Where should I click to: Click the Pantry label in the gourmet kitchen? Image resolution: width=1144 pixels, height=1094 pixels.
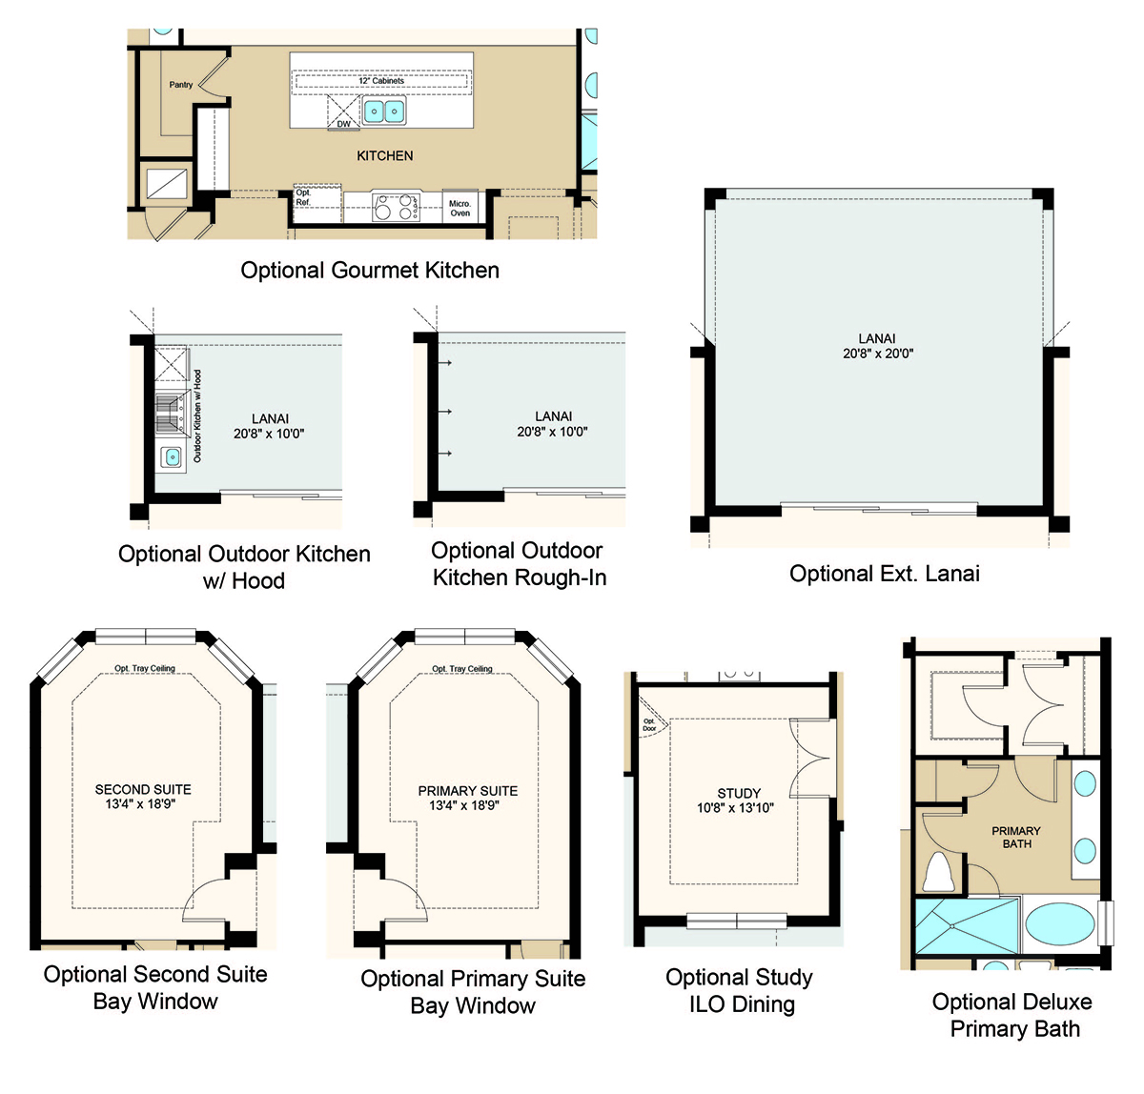[180, 85]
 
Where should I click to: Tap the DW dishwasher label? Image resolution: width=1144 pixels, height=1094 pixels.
[343, 124]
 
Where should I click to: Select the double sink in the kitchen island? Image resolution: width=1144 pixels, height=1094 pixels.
[384, 111]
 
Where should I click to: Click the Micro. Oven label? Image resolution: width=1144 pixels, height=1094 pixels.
[460, 208]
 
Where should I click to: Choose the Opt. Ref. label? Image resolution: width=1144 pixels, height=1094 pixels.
[303, 197]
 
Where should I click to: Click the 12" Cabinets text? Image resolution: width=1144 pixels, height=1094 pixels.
[381, 81]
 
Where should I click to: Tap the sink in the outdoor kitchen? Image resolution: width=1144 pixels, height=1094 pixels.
[172, 456]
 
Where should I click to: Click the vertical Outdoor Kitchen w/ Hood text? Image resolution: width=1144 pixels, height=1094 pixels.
[197, 415]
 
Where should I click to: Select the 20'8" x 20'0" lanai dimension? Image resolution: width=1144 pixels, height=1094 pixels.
[878, 354]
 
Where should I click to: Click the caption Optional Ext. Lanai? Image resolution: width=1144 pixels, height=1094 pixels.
[884, 574]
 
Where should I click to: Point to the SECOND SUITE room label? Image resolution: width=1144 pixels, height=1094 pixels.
[143, 789]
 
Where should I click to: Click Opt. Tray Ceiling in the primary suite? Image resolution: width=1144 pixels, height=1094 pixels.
[462, 669]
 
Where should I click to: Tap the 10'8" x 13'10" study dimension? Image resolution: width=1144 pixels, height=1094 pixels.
[735, 808]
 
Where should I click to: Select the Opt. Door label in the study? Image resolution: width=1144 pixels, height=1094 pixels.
[649, 724]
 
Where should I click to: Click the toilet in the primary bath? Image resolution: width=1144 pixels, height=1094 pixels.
[939, 873]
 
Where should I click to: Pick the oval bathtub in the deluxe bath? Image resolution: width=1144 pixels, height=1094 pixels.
[1060, 924]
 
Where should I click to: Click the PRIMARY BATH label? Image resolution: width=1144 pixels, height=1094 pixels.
[1016, 837]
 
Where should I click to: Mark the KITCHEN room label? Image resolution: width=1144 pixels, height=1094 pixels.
[384, 155]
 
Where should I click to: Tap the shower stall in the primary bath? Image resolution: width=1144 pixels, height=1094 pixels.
[967, 926]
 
